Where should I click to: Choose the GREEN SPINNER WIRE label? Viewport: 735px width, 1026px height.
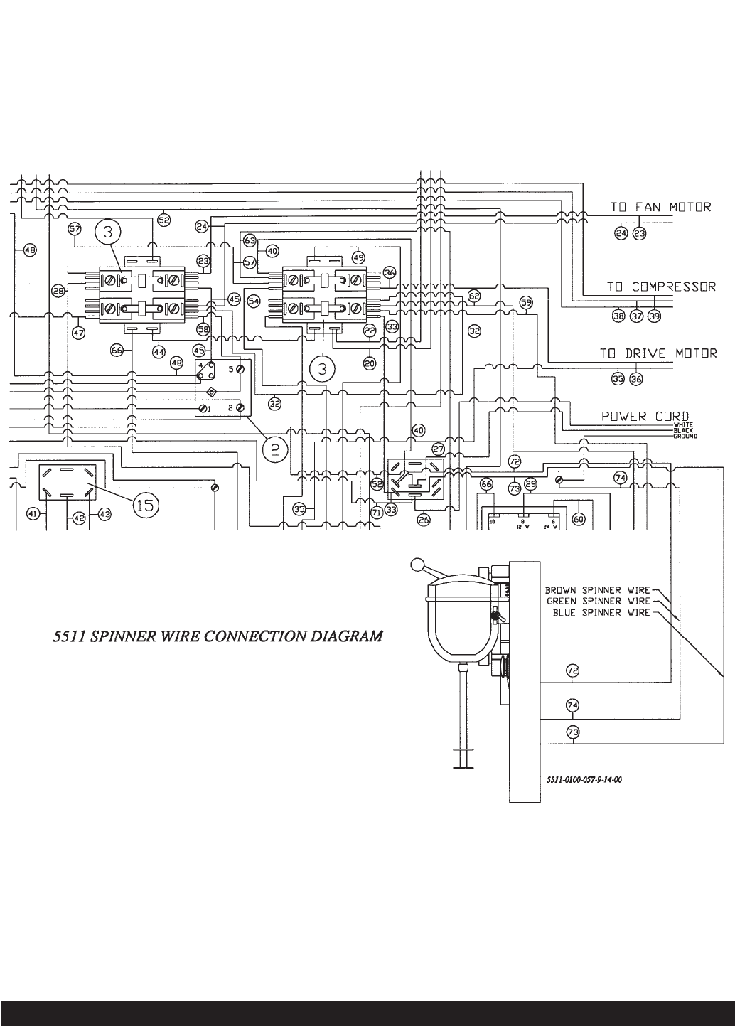[598, 601]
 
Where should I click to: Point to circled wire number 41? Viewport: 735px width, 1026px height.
[32, 513]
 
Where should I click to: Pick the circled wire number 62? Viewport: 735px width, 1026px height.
[474, 295]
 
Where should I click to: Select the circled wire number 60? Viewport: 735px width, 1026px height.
[579, 520]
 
